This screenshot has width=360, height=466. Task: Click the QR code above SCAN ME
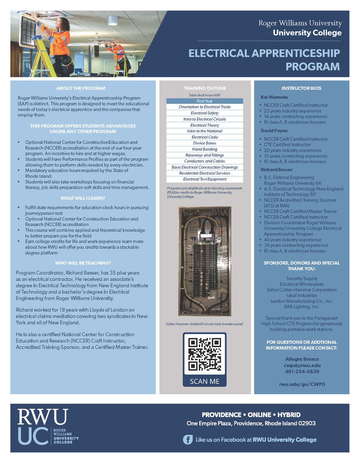pyautogui.click(x=205, y=354)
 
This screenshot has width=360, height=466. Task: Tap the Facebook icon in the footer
pyautogui.click(x=188, y=440)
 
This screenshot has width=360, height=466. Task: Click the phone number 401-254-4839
pyautogui.click(x=301, y=372)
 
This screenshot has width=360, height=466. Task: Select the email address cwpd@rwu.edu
pyautogui.click(x=301, y=365)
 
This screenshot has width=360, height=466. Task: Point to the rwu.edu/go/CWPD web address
pyautogui.click(x=301, y=384)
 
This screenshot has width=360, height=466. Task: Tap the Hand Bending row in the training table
pyautogui.click(x=205, y=149)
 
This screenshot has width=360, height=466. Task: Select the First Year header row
pyautogui.click(x=205, y=101)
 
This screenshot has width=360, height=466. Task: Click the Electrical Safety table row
pyautogui.click(x=205, y=113)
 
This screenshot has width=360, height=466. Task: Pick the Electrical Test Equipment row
pyautogui.click(x=205, y=179)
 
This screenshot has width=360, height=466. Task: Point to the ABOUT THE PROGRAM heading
pyautogui.click(x=80, y=88)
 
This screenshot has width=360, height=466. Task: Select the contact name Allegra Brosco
pyautogui.click(x=301, y=359)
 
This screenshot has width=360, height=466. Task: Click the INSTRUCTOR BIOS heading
pyautogui.click(x=301, y=88)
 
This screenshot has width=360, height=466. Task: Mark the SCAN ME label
pyautogui.click(x=205, y=381)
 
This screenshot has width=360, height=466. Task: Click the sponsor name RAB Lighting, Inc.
pyautogui.click(x=301, y=306)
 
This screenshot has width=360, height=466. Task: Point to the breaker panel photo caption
pyautogui.click(x=205, y=323)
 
